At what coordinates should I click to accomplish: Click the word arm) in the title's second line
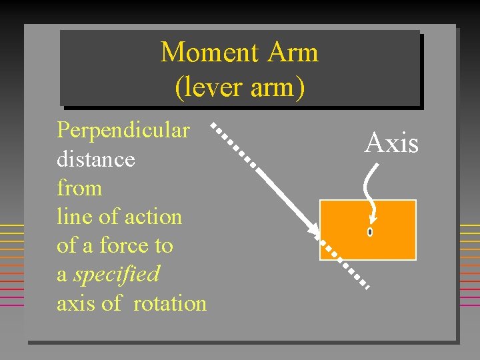275,87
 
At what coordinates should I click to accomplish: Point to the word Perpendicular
123,130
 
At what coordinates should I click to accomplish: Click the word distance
95,159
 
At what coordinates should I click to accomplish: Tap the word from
79,188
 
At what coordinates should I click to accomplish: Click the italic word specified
117,274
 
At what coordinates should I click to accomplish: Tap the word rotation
170,303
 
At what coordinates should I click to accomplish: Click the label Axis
391,143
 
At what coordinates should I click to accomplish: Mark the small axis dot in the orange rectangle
369,232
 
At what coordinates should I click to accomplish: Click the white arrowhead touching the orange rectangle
313,229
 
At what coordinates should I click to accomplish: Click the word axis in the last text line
75,303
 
